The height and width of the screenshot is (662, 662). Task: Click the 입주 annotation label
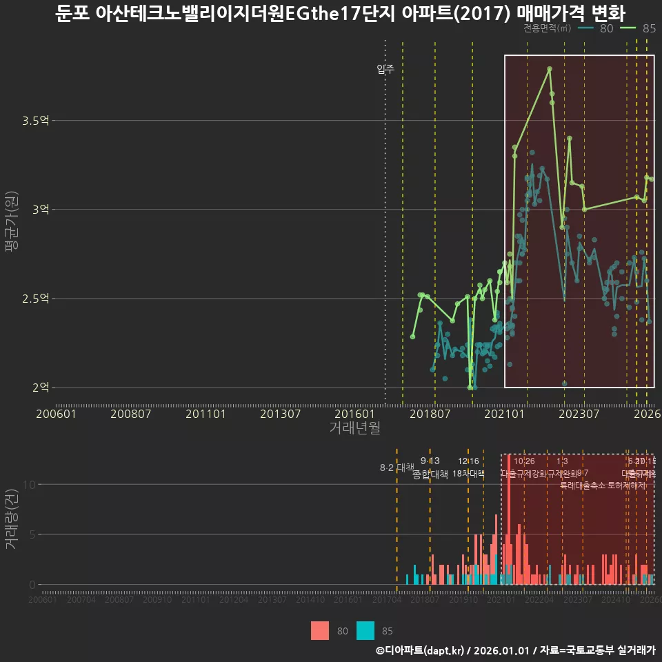tap(385, 69)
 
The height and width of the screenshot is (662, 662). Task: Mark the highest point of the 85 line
tap(550, 69)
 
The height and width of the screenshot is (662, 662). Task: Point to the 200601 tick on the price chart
tap(56, 414)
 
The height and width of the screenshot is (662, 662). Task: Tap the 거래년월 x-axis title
tap(354, 428)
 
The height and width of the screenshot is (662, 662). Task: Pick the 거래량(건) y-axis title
tap(11, 519)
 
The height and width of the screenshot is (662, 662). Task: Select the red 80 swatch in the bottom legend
tap(320, 630)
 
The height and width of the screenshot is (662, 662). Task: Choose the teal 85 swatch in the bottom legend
tap(365, 630)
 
